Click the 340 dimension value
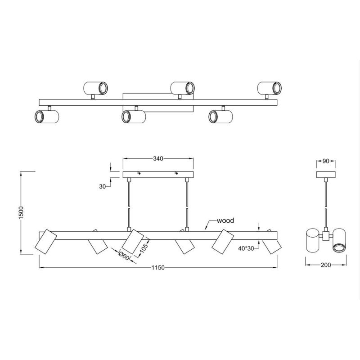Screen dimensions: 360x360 click(157, 158)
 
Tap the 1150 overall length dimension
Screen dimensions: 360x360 click(157, 268)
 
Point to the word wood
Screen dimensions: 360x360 click(225, 221)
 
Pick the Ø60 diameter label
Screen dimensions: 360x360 click(124, 256)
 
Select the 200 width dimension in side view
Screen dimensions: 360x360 click(327, 265)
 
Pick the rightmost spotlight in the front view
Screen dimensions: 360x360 click(271, 245)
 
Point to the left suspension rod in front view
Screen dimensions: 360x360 click(130, 202)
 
